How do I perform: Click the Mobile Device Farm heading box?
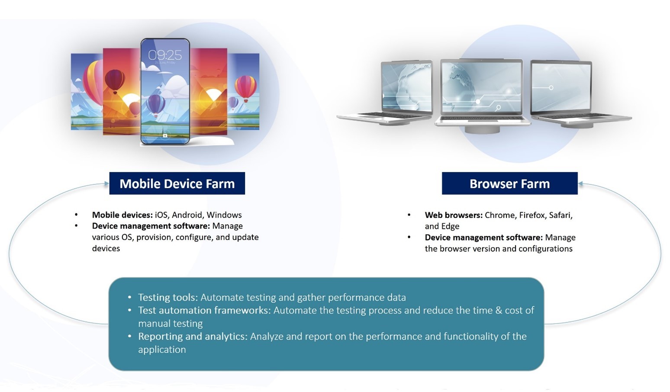click(x=177, y=183)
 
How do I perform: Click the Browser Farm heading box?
click(x=509, y=183)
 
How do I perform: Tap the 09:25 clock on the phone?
click(x=165, y=55)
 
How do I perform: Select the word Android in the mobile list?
click(x=187, y=215)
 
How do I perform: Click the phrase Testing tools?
click(x=168, y=297)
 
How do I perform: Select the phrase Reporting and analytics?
click(x=193, y=336)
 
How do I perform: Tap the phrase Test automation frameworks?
click(x=204, y=310)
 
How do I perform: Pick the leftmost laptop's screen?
click(x=407, y=87)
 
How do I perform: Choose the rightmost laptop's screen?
click(x=561, y=87)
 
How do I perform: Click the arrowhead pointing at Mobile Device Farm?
click(x=106, y=184)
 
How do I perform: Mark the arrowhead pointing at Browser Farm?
click(x=581, y=184)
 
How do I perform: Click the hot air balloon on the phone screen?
click(x=156, y=105)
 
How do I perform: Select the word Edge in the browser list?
click(x=451, y=226)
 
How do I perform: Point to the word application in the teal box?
click(x=162, y=349)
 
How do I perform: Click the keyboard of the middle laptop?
click(x=483, y=118)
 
